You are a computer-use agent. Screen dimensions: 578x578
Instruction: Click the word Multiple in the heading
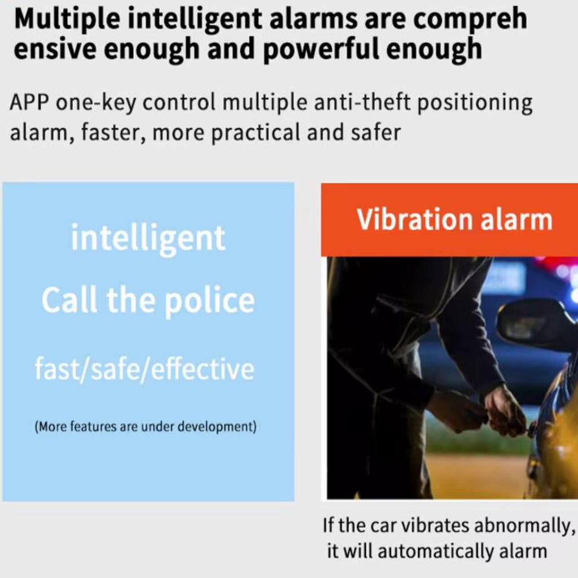[x=67, y=19]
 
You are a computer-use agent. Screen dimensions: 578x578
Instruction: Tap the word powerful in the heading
[x=321, y=49]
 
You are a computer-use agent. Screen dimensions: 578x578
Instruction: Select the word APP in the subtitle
[x=29, y=103]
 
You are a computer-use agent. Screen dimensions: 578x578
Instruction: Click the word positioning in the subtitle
[x=475, y=103]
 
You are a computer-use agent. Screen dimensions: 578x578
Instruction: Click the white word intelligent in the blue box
[x=148, y=239]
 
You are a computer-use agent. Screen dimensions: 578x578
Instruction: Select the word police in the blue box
[x=209, y=301]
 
